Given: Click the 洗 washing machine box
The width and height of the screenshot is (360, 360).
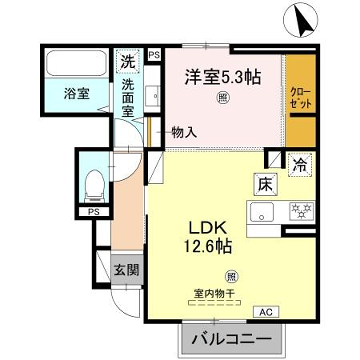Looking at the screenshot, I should (128, 61).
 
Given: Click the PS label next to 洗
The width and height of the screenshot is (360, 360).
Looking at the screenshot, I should (153, 55).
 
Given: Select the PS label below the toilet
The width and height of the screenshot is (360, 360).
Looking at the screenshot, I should (93, 212).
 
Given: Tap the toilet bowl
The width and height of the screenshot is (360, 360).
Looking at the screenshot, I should (94, 184).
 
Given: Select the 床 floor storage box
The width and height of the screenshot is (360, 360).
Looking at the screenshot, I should (264, 184).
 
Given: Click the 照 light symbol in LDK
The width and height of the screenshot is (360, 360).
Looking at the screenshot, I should (231, 276).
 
